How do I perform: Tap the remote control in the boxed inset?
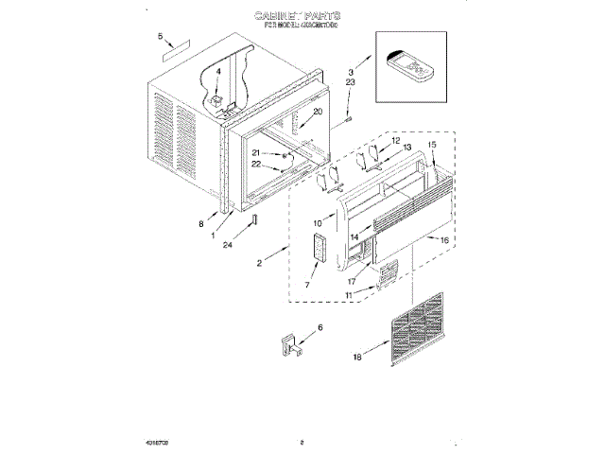click(x=411, y=67)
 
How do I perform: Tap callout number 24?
click(x=228, y=245)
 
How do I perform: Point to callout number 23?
click(x=350, y=84)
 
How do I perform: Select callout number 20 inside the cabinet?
click(x=318, y=113)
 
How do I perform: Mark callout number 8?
click(x=200, y=224)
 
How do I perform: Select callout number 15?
click(x=432, y=146)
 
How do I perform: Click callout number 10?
click(x=318, y=223)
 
